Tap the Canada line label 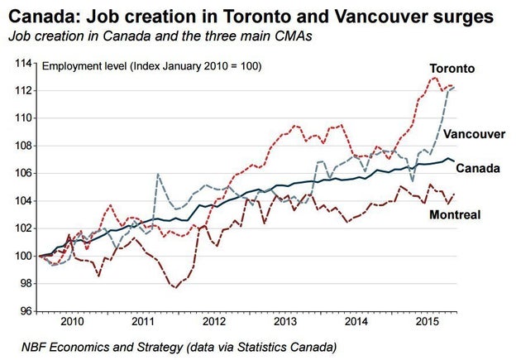pyautogui.click(x=478, y=168)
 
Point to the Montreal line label pyautogui.click(x=455, y=215)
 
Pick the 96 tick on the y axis pyautogui.click(x=25, y=311)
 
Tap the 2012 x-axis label pyautogui.click(x=214, y=320)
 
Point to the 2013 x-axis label pyautogui.click(x=284, y=320)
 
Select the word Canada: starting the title pyautogui.click(x=38, y=16)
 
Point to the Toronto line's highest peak pyautogui.click(x=435, y=77)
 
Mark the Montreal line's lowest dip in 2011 pyautogui.click(x=174, y=287)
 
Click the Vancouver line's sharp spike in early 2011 pyautogui.click(x=157, y=175)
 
